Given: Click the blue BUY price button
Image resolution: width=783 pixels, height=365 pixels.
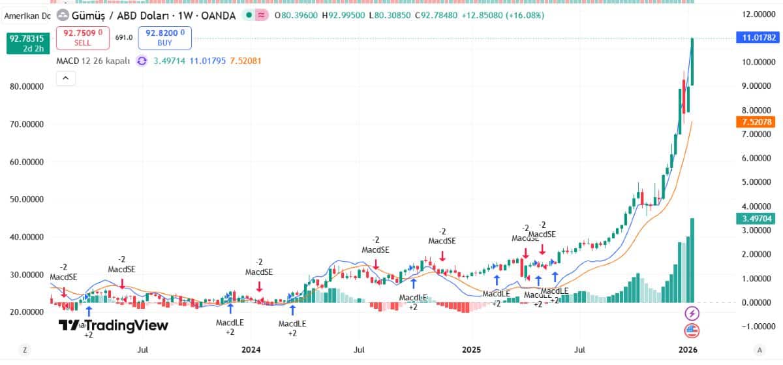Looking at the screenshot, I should point(164,38).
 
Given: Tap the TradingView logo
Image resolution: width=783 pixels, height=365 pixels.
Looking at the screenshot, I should point(114,325).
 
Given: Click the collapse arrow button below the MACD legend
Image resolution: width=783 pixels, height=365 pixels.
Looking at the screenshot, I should point(65,78).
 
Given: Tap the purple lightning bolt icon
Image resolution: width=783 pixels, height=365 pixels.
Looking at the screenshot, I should point(691,313).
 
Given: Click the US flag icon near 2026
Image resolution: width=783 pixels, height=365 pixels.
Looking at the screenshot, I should point(691,330).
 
